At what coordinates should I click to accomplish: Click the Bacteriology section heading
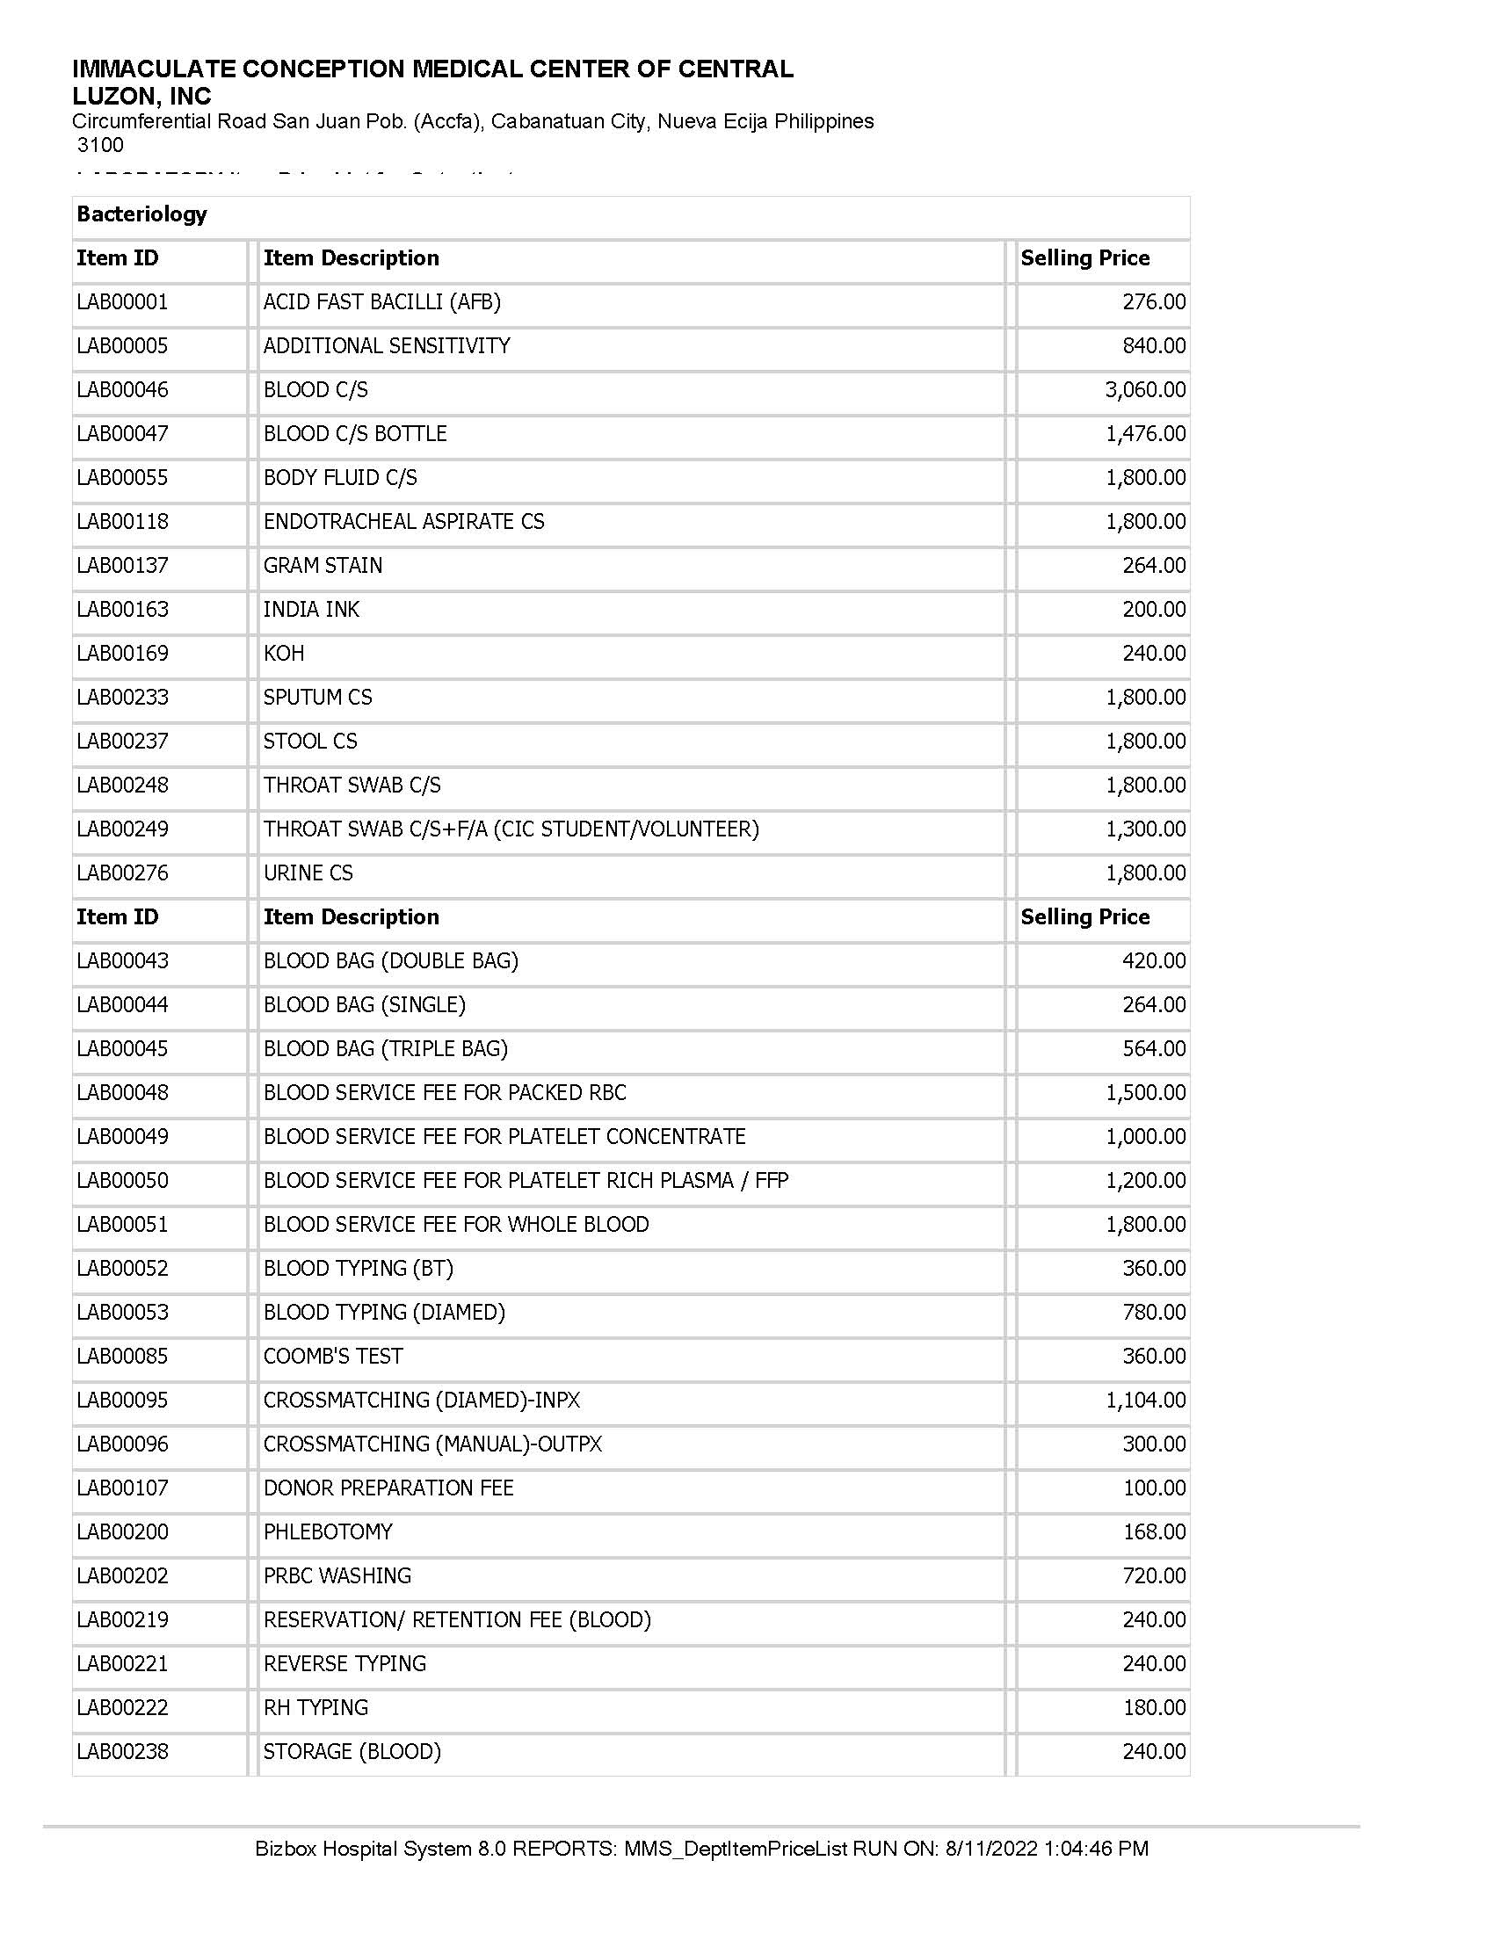point(141,214)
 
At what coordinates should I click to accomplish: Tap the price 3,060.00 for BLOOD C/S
point(1144,389)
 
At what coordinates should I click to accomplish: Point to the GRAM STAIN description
point(323,566)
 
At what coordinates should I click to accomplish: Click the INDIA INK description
point(312,610)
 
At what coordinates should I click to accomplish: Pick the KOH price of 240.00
point(1153,653)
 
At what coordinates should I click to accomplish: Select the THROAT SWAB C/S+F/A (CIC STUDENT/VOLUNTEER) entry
point(511,829)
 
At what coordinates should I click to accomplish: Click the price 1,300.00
point(1144,829)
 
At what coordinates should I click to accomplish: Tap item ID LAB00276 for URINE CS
point(122,873)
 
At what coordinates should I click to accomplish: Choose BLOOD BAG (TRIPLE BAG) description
point(386,1049)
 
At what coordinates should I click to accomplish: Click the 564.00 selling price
point(1153,1049)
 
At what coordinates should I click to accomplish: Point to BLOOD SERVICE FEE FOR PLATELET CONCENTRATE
point(504,1136)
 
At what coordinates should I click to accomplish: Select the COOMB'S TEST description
point(333,1356)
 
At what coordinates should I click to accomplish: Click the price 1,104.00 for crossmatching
point(1144,1401)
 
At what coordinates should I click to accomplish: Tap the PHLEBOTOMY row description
point(328,1532)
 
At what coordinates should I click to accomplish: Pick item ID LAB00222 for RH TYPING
point(122,1707)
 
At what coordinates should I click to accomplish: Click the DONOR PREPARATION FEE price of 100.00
point(1153,1488)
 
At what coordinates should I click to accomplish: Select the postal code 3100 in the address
point(100,145)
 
